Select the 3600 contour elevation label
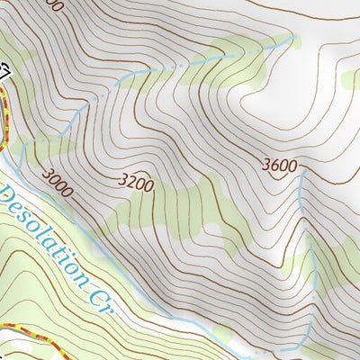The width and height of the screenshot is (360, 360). [x=279, y=165]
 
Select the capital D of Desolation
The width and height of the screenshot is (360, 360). [x=7, y=195]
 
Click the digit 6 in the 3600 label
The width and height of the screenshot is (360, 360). [x=275, y=165]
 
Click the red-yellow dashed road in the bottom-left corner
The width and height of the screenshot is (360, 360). [x=27, y=334]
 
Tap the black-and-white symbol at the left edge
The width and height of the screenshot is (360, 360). [x=4, y=70]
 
